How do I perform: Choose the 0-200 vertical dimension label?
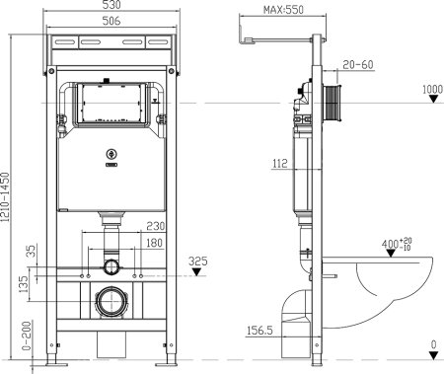click(26, 337)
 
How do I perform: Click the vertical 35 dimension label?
click(30, 253)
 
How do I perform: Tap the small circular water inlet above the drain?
click(111, 268)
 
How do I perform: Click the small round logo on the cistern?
click(111, 154)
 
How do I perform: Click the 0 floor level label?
click(433, 343)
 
